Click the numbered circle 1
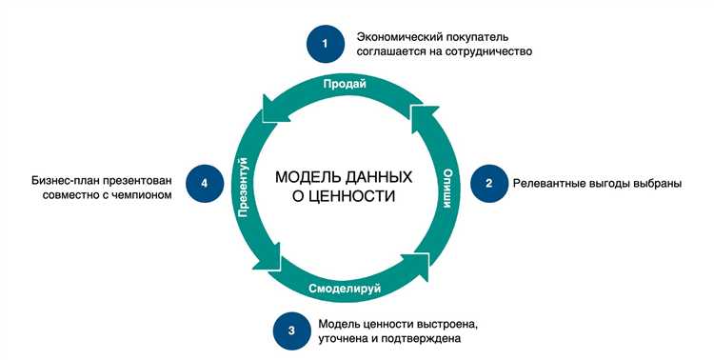tap(325, 44)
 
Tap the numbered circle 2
tap(488, 183)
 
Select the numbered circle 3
tap(291, 330)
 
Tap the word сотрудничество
tap(482, 52)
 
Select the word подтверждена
tap(428, 338)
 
